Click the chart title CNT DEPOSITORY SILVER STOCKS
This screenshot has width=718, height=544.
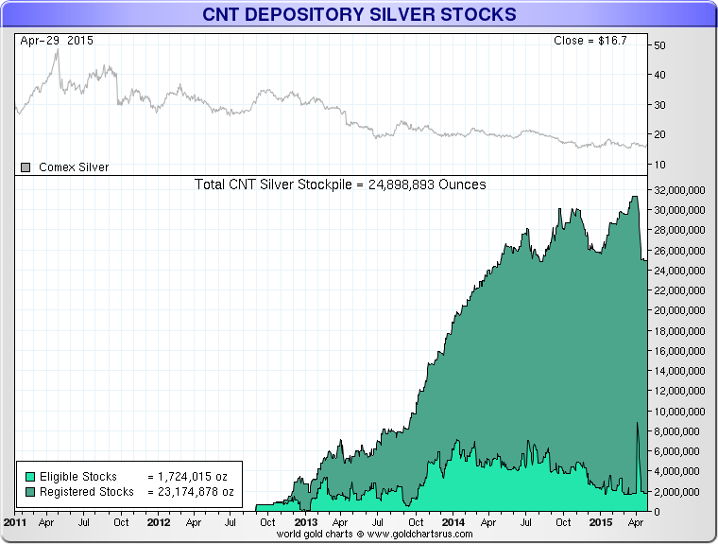(359, 14)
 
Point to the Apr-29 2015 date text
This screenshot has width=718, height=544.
(57, 42)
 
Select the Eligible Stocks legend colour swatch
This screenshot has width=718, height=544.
(30, 477)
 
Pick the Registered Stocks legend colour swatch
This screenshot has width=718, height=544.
(30, 492)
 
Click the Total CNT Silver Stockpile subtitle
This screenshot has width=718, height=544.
(340, 184)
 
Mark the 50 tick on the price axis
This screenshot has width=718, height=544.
(660, 45)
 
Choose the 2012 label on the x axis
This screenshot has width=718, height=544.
(159, 522)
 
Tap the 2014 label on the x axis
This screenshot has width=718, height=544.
(453, 522)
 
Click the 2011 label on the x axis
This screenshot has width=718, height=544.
(15, 522)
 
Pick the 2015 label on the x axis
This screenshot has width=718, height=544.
(599, 522)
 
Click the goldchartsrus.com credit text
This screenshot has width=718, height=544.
(359, 535)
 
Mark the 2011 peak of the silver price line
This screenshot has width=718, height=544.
(58, 50)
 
